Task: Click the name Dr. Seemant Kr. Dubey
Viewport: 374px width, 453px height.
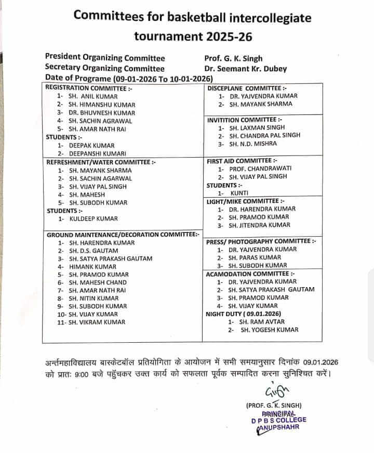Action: point(246,69)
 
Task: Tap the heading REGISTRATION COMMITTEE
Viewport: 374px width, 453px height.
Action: point(86,88)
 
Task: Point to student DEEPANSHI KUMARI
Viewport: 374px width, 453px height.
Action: point(95,153)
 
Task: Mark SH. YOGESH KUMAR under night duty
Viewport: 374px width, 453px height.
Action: point(270,330)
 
